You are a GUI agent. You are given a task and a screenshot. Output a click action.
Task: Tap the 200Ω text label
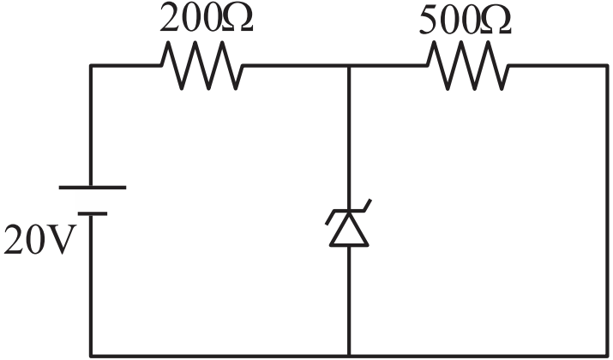(207, 19)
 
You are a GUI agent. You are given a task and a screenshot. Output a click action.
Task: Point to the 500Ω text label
(466, 21)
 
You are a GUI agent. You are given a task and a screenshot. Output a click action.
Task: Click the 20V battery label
(39, 240)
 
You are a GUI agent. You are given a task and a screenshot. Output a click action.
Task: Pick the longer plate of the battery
(93, 188)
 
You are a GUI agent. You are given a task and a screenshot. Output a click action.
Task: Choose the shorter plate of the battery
(93, 213)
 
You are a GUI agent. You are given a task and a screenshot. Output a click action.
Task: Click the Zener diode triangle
(349, 231)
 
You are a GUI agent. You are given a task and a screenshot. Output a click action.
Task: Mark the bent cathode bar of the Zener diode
(348, 212)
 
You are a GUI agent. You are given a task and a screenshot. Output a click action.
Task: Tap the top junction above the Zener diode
(349, 66)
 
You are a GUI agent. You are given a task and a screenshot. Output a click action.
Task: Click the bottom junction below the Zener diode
(349, 356)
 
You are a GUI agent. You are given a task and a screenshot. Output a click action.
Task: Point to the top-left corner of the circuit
(91, 66)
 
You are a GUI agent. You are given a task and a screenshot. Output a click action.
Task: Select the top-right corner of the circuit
(607, 66)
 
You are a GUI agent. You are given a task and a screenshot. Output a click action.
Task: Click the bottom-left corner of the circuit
(91, 356)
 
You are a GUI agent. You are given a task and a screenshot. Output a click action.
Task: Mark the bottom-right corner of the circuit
(607, 356)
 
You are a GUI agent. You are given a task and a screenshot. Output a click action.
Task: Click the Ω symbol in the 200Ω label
(237, 19)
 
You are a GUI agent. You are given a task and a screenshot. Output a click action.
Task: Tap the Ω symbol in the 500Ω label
(496, 21)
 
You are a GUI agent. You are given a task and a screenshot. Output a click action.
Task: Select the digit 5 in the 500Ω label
(428, 21)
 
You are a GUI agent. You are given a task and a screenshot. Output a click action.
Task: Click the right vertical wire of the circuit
(607, 211)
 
